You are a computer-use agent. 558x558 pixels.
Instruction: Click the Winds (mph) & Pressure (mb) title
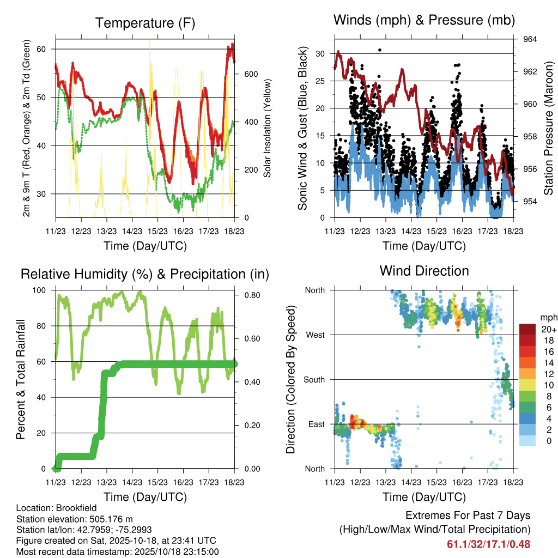point(424,20)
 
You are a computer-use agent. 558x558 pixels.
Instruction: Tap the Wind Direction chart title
point(424,270)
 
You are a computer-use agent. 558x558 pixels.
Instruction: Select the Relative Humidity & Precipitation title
point(144,274)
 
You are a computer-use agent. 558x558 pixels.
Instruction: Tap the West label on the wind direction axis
point(315,335)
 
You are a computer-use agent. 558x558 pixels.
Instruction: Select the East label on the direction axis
point(316,424)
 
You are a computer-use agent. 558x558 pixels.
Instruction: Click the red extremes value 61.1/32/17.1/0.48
point(488,544)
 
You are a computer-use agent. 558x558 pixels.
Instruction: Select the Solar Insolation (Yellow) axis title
point(268,128)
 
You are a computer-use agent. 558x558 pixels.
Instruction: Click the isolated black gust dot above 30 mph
point(379,50)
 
